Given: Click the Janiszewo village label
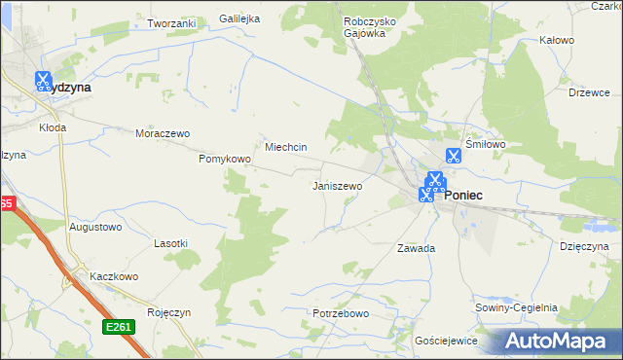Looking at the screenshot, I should point(337,185).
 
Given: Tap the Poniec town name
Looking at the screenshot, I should point(464,195).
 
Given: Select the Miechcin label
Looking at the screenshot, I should point(286,147).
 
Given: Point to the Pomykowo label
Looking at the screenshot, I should point(225,159).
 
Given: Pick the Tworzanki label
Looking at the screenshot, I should point(171,22).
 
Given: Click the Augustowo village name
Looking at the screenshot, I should point(95,227).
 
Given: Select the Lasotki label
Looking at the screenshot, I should point(171,242).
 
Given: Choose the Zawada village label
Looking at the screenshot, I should point(416,248).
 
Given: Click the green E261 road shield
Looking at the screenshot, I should point(119,327).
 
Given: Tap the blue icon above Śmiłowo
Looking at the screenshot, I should point(453,155).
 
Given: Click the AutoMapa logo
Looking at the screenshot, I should point(556,341).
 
